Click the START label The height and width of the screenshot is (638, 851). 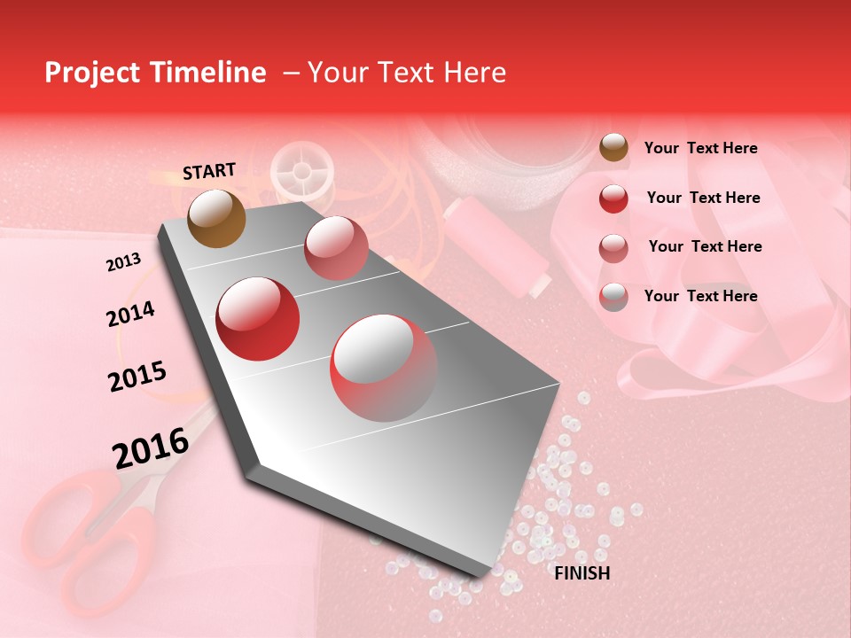pyautogui.click(x=209, y=171)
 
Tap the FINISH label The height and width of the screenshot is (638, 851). pyautogui.click(x=582, y=573)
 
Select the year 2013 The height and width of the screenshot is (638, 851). pyautogui.click(x=123, y=262)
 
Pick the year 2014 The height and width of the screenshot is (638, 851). pyautogui.click(x=130, y=314)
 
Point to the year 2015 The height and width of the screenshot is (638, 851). pyautogui.click(x=137, y=377)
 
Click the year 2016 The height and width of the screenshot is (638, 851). pyautogui.click(x=151, y=447)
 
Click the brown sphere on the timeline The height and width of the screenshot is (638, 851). pyautogui.click(x=216, y=218)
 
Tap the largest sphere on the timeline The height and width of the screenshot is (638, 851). pyautogui.click(x=384, y=368)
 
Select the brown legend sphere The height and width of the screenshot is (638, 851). pyautogui.click(x=613, y=148)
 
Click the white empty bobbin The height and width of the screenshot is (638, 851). pyautogui.click(x=301, y=172)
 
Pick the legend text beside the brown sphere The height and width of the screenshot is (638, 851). pyautogui.click(x=700, y=149)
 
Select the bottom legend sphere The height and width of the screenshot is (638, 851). pyautogui.click(x=613, y=297)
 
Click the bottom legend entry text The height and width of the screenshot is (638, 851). pyautogui.click(x=700, y=296)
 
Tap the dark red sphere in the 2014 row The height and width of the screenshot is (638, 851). pyautogui.click(x=258, y=318)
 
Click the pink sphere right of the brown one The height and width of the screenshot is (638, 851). pyautogui.click(x=335, y=247)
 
